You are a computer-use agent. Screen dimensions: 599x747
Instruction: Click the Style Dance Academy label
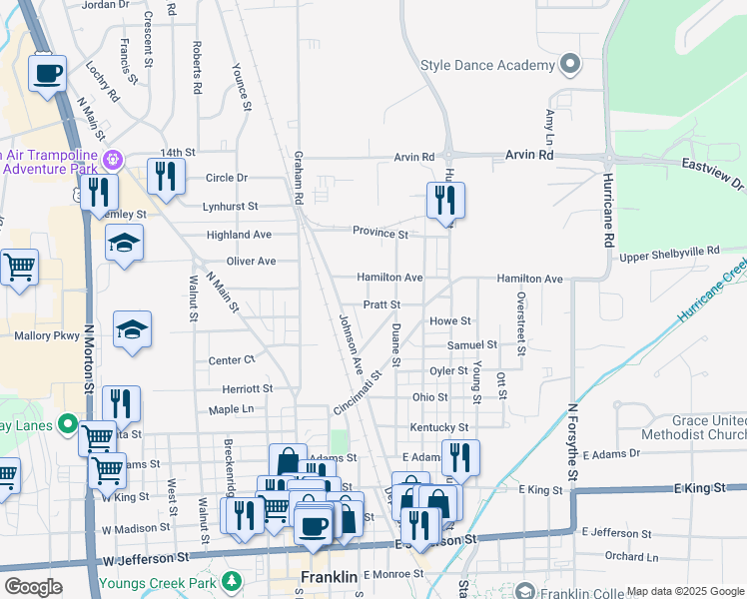(x=486, y=66)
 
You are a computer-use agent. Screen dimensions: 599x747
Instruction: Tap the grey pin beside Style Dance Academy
(x=570, y=66)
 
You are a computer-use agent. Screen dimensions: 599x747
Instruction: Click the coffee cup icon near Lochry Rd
(x=47, y=73)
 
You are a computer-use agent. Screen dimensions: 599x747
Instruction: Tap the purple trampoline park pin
(x=115, y=159)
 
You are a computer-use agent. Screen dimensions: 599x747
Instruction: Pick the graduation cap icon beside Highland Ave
(x=124, y=243)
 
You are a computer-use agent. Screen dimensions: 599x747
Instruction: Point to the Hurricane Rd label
(x=606, y=211)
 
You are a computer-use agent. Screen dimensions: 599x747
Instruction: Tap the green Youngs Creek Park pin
(x=232, y=579)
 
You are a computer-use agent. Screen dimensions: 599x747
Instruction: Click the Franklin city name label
(x=330, y=578)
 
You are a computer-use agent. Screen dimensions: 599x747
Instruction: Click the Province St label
(x=379, y=233)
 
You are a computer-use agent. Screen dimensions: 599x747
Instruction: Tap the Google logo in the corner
(x=32, y=587)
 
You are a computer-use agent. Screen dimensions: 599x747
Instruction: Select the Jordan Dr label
(x=106, y=5)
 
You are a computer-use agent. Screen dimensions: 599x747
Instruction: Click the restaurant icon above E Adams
(x=460, y=457)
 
